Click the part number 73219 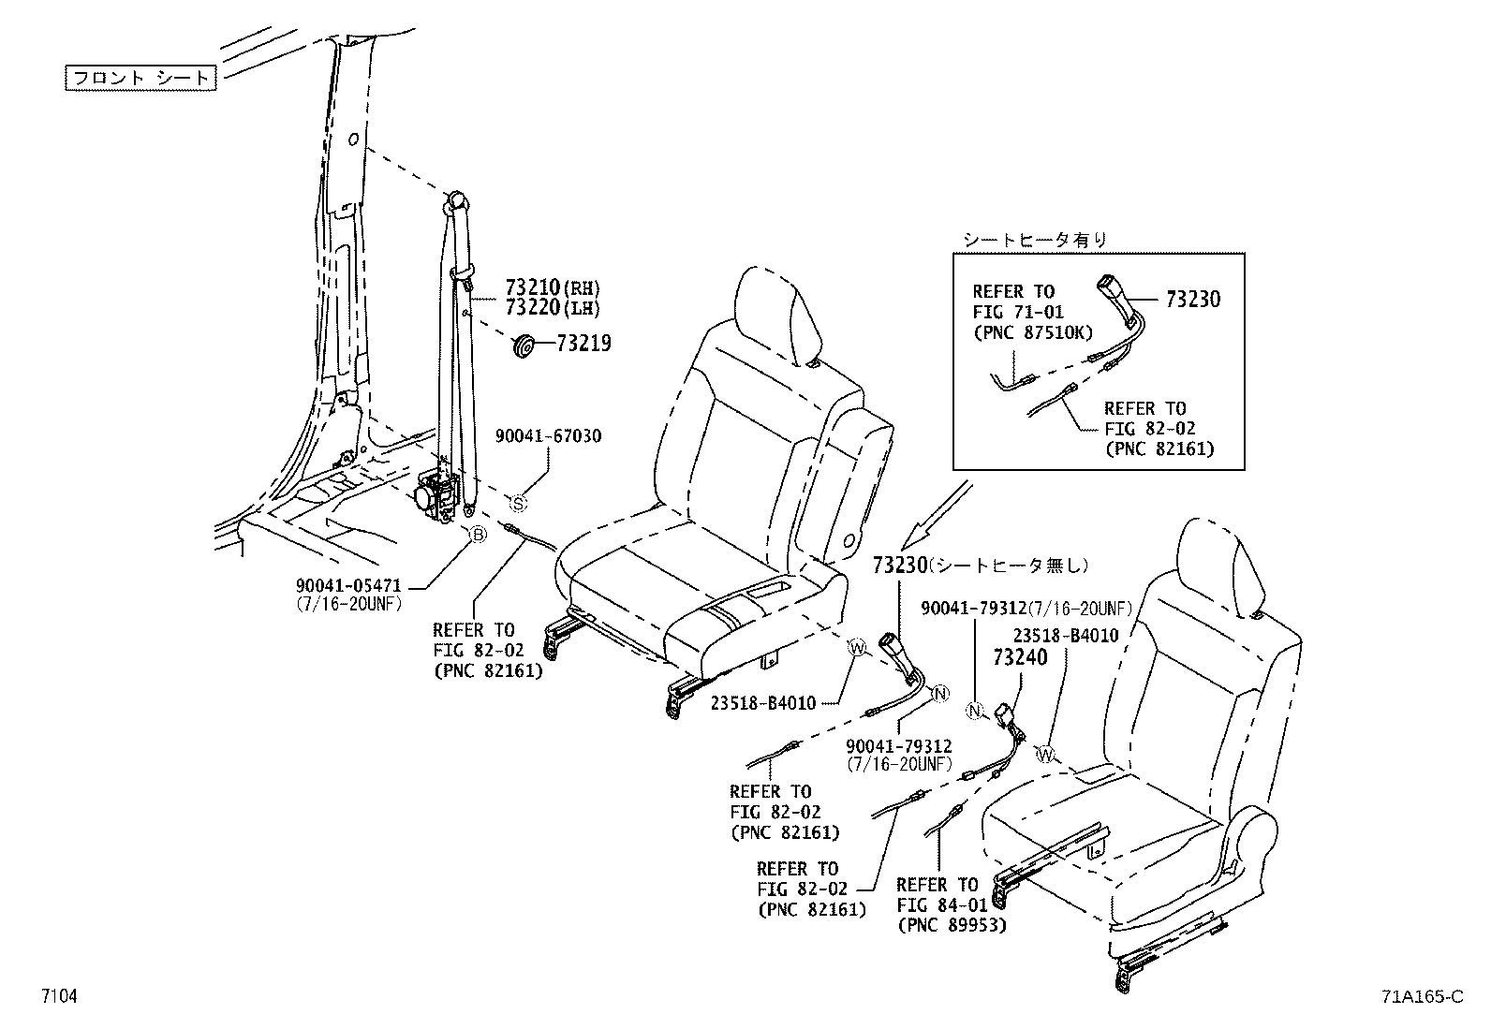coord(583,344)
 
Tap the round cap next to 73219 coord(524,345)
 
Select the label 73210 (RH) coord(552,287)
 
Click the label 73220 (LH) coord(552,307)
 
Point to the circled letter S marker coord(519,504)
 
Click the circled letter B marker coord(477,535)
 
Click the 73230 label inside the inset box coord(1193,300)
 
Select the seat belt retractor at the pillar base coord(435,492)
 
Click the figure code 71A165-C coord(1421,996)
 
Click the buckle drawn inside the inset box coord(1117,292)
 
